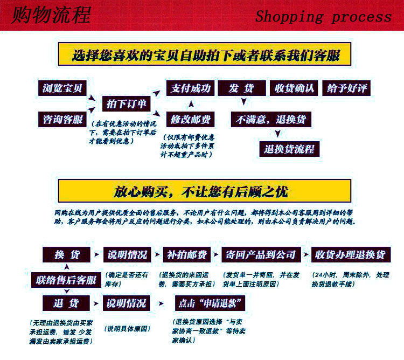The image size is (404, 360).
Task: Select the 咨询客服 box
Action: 62,120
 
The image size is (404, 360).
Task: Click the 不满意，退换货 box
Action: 271,119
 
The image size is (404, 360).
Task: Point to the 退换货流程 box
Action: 289,149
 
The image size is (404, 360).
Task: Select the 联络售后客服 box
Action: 66,280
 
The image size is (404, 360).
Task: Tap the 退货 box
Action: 67,303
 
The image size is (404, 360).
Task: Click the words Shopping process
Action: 323,16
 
